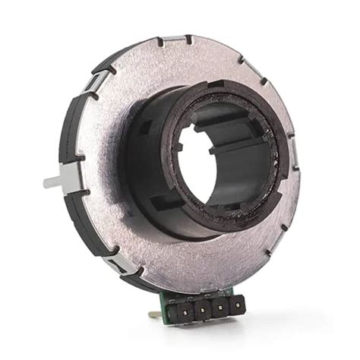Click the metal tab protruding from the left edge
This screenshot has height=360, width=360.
[x=52, y=182]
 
